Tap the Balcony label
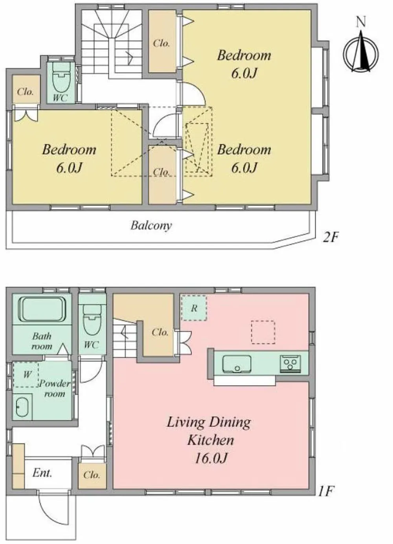(151, 225)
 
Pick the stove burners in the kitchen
(290, 364)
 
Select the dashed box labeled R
(194, 308)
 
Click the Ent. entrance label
(42, 473)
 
